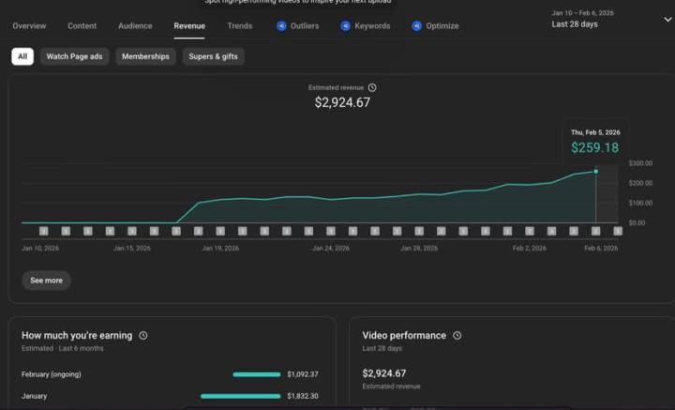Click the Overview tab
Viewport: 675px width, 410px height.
[x=29, y=26]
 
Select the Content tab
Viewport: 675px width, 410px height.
[x=82, y=26]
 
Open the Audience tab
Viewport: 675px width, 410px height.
[x=135, y=26]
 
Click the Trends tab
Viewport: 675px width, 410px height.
[x=239, y=26]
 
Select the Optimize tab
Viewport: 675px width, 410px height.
[x=436, y=26]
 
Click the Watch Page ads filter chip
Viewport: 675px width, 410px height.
[x=74, y=56]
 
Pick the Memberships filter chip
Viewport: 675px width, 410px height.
[x=145, y=56]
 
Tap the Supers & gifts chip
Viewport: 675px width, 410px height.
[x=213, y=56]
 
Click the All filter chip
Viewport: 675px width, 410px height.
[x=22, y=56]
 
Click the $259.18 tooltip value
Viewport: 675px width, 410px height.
[x=594, y=148]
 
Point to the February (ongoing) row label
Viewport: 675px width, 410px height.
[x=52, y=374]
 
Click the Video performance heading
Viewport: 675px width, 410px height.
[x=404, y=335]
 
